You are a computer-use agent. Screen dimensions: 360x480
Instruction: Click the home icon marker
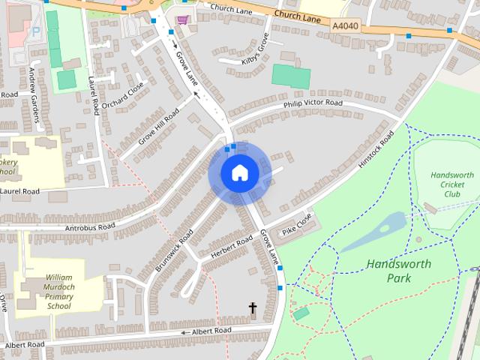[239, 173]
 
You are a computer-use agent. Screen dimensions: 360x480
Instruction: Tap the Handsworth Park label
[389, 271]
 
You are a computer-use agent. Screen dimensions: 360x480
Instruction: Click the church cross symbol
[253, 308]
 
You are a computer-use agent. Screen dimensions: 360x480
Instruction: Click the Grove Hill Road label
[160, 127]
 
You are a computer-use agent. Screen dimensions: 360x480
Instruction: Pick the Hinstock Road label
[377, 149]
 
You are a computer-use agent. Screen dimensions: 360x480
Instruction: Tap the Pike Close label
[297, 223]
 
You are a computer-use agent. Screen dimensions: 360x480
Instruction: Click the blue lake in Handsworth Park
[382, 228]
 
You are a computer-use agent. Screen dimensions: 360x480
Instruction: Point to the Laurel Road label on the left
[19, 191]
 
